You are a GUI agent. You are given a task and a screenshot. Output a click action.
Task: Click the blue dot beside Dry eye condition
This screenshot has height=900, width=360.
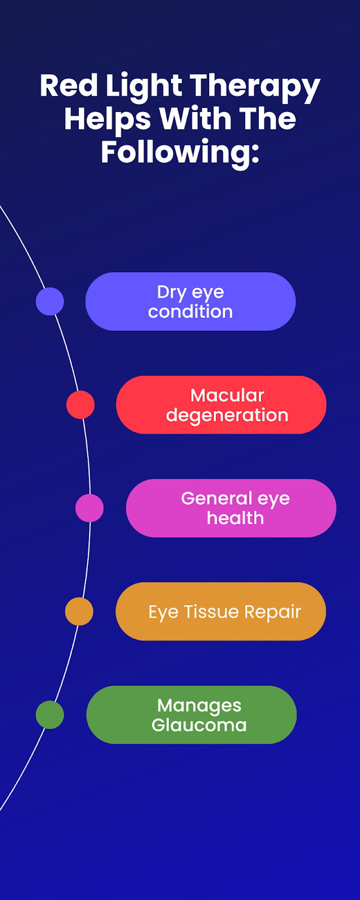(50, 301)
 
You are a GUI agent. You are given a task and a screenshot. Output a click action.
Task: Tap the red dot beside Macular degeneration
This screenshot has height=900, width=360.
(80, 404)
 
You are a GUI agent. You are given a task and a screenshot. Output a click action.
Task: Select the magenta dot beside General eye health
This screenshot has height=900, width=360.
(89, 508)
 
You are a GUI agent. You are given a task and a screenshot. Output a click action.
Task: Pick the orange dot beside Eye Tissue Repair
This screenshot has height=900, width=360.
(79, 611)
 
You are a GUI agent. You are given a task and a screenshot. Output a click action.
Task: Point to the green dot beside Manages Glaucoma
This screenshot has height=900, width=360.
(50, 714)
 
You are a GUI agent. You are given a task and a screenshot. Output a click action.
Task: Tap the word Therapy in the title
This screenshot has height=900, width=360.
(255, 88)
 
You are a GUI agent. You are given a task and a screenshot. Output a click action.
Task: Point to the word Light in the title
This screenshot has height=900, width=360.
(143, 88)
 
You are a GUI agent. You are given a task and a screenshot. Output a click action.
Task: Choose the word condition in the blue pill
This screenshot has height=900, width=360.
(191, 312)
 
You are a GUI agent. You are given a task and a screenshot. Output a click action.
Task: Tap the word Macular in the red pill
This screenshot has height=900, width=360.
(227, 395)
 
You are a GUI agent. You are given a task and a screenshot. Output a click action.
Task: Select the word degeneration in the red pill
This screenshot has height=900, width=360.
(227, 416)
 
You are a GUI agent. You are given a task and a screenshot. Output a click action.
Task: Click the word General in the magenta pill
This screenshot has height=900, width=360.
(216, 498)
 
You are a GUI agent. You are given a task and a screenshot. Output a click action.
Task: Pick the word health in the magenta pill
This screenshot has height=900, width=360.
(236, 518)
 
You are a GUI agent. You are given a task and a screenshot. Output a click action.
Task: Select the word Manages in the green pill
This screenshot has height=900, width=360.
(199, 706)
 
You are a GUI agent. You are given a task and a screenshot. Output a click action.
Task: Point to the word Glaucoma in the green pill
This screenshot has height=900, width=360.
(199, 725)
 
